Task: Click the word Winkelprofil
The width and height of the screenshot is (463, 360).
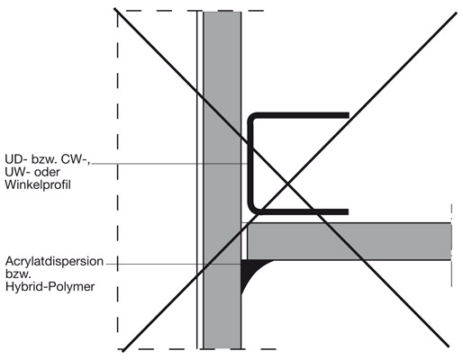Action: [x=38, y=184]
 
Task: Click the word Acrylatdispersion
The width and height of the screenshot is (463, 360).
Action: [x=54, y=261]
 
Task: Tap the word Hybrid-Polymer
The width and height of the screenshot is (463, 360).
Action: [x=50, y=287]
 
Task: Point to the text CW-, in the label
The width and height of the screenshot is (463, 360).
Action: [x=76, y=159]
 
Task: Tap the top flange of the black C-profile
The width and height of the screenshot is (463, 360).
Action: [x=300, y=115]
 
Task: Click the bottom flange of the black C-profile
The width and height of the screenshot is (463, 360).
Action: [x=300, y=211]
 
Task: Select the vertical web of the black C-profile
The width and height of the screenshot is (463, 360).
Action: [x=250, y=164]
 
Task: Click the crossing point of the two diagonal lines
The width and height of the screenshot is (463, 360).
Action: [x=287, y=183]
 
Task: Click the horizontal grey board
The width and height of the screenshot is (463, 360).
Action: [x=350, y=241]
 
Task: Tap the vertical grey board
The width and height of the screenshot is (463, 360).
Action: [x=222, y=180]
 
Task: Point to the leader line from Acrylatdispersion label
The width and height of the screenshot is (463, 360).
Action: [x=174, y=264]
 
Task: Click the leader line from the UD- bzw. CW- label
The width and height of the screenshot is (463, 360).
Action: [x=169, y=164]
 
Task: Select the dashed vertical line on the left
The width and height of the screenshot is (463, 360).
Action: [x=117, y=180]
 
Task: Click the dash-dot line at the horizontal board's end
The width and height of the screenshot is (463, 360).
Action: [x=451, y=246]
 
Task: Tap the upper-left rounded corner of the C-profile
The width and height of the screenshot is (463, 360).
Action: [x=251, y=116]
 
